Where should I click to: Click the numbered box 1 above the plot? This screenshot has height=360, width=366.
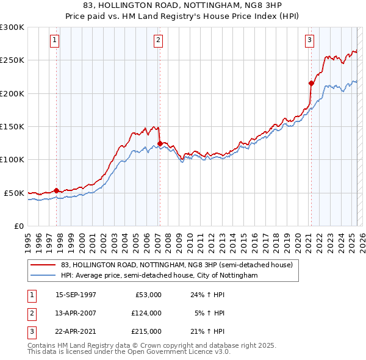pos(55,41)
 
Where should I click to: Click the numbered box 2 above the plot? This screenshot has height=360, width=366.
pos(158,41)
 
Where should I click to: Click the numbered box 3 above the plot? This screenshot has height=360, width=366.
pos(310,41)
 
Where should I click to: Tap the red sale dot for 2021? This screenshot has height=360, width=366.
pos(311,83)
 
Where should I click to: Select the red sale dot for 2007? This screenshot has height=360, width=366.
pos(160,144)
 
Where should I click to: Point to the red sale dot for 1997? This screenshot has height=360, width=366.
pos(57,190)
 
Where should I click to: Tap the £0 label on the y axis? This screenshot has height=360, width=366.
pos(18,226)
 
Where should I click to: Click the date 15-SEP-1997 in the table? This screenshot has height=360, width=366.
pos(76,294)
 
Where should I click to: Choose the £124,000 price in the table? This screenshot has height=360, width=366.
pos(146,313)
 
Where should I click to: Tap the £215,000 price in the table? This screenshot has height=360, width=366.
pos(146,332)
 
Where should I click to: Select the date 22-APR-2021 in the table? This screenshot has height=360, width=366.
pos(76,332)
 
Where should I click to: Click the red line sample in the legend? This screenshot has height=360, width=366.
pos(43,265)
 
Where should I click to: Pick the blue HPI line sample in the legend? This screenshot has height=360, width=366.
pos(43,275)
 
